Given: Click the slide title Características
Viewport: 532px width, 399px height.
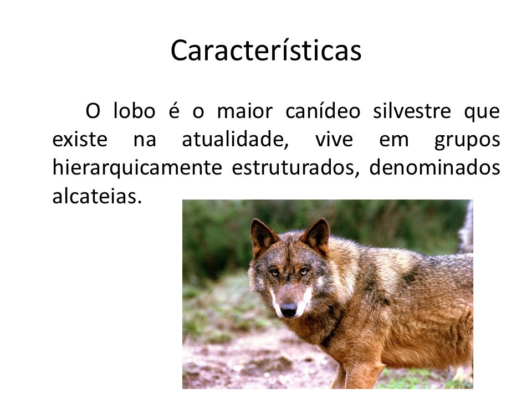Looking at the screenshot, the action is (x=266, y=50).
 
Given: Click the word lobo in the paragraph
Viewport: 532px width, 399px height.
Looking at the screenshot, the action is (x=134, y=111).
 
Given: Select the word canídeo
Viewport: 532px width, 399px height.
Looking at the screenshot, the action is (x=323, y=111).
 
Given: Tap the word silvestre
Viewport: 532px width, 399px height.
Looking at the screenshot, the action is (x=412, y=111).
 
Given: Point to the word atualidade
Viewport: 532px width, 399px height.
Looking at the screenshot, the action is (x=235, y=140).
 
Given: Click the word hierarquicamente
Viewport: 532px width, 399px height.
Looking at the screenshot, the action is (x=137, y=168).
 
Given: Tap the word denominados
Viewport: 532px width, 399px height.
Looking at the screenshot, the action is (x=434, y=167).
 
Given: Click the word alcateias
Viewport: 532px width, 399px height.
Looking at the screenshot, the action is (x=96, y=196).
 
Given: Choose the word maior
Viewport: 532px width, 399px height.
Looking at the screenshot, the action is (x=244, y=111).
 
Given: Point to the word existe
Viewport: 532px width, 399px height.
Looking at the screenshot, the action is (x=80, y=140).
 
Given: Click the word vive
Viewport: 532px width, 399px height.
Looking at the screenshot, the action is (x=334, y=140).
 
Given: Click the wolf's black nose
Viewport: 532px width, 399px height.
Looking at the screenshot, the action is (x=288, y=309).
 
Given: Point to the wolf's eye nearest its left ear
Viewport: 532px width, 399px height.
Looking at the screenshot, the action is (x=274, y=273).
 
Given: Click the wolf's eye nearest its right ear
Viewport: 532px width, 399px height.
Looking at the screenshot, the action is (x=304, y=271).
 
